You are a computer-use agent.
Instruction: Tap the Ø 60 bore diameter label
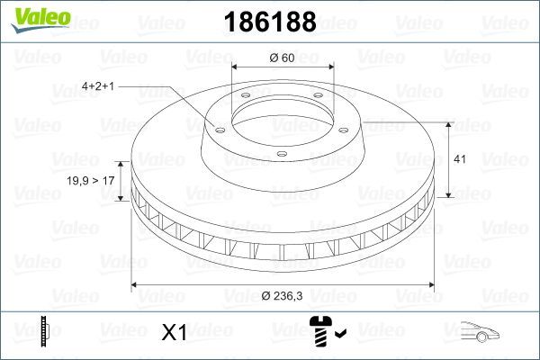[x=281, y=58]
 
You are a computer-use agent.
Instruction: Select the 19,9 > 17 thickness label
[x=93, y=181]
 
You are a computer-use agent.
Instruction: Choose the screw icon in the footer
[x=320, y=333]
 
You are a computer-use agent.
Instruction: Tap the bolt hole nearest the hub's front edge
[x=281, y=155]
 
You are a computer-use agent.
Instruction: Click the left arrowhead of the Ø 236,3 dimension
[x=136, y=285]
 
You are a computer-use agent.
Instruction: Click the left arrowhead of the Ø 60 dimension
[x=236, y=67]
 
